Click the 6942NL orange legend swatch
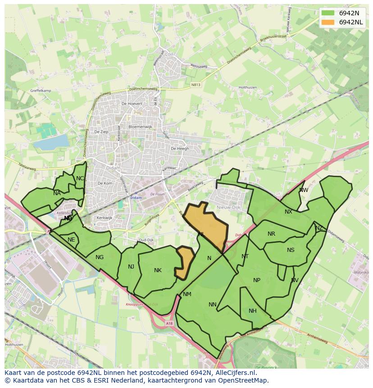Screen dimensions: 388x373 pyautogui.click(x=328, y=22)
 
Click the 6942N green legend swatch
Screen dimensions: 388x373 pyautogui.click(x=328, y=13)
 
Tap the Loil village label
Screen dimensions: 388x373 pyautogui.click(x=169, y=54)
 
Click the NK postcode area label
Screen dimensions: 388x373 pyautogui.click(x=158, y=270)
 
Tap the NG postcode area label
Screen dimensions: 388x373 pyautogui.click(x=100, y=257)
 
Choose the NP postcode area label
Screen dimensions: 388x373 pyautogui.click(x=257, y=280)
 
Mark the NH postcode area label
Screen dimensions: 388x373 pyautogui.click(x=252, y=311)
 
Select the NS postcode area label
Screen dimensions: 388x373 pyautogui.click(x=291, y=250)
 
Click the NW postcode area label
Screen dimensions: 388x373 pyautogui.click(x=304, y=190)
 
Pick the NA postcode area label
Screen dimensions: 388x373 pyautogui.click(x=57, y=193)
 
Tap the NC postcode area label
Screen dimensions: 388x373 pyautogui.click(x=80, y=178)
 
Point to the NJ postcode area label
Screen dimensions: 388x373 pyautogui.click(x=131, y=266)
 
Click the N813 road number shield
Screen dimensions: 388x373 pyautogui.click(x=196, y=84)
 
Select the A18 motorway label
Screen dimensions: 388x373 pyautogui.click(x=169, y=323)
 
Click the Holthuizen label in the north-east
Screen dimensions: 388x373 pyautogui.click(x=247, y=87)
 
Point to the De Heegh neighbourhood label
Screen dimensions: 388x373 pyautogui.click(x=180, y=148)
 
